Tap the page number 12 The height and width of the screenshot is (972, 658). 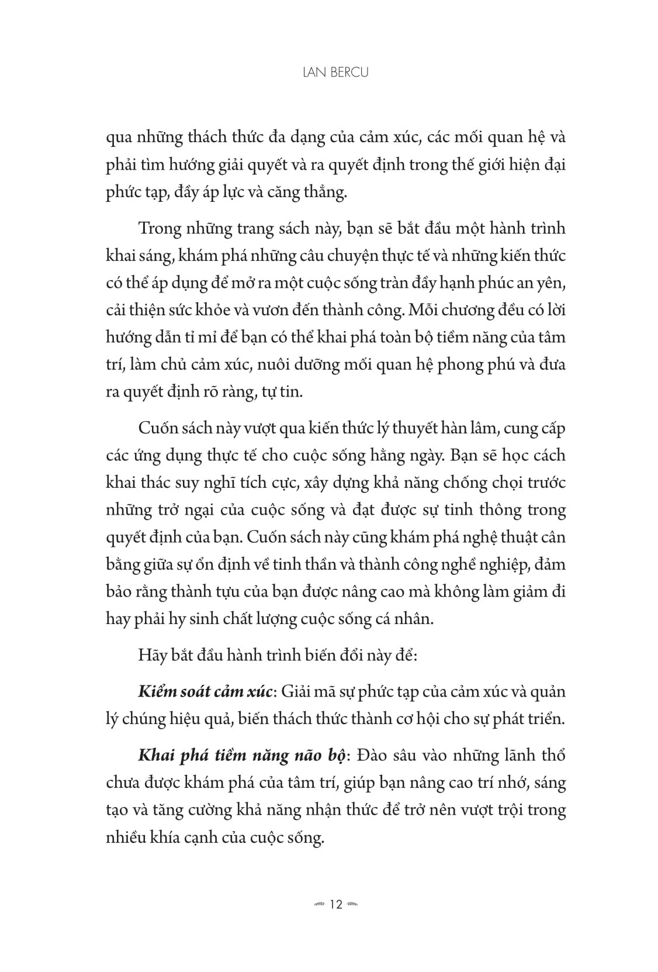(335, 904)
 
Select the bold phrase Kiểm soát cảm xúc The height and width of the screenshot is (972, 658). (205, 691)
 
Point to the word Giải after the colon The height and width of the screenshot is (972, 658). (296, 691)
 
